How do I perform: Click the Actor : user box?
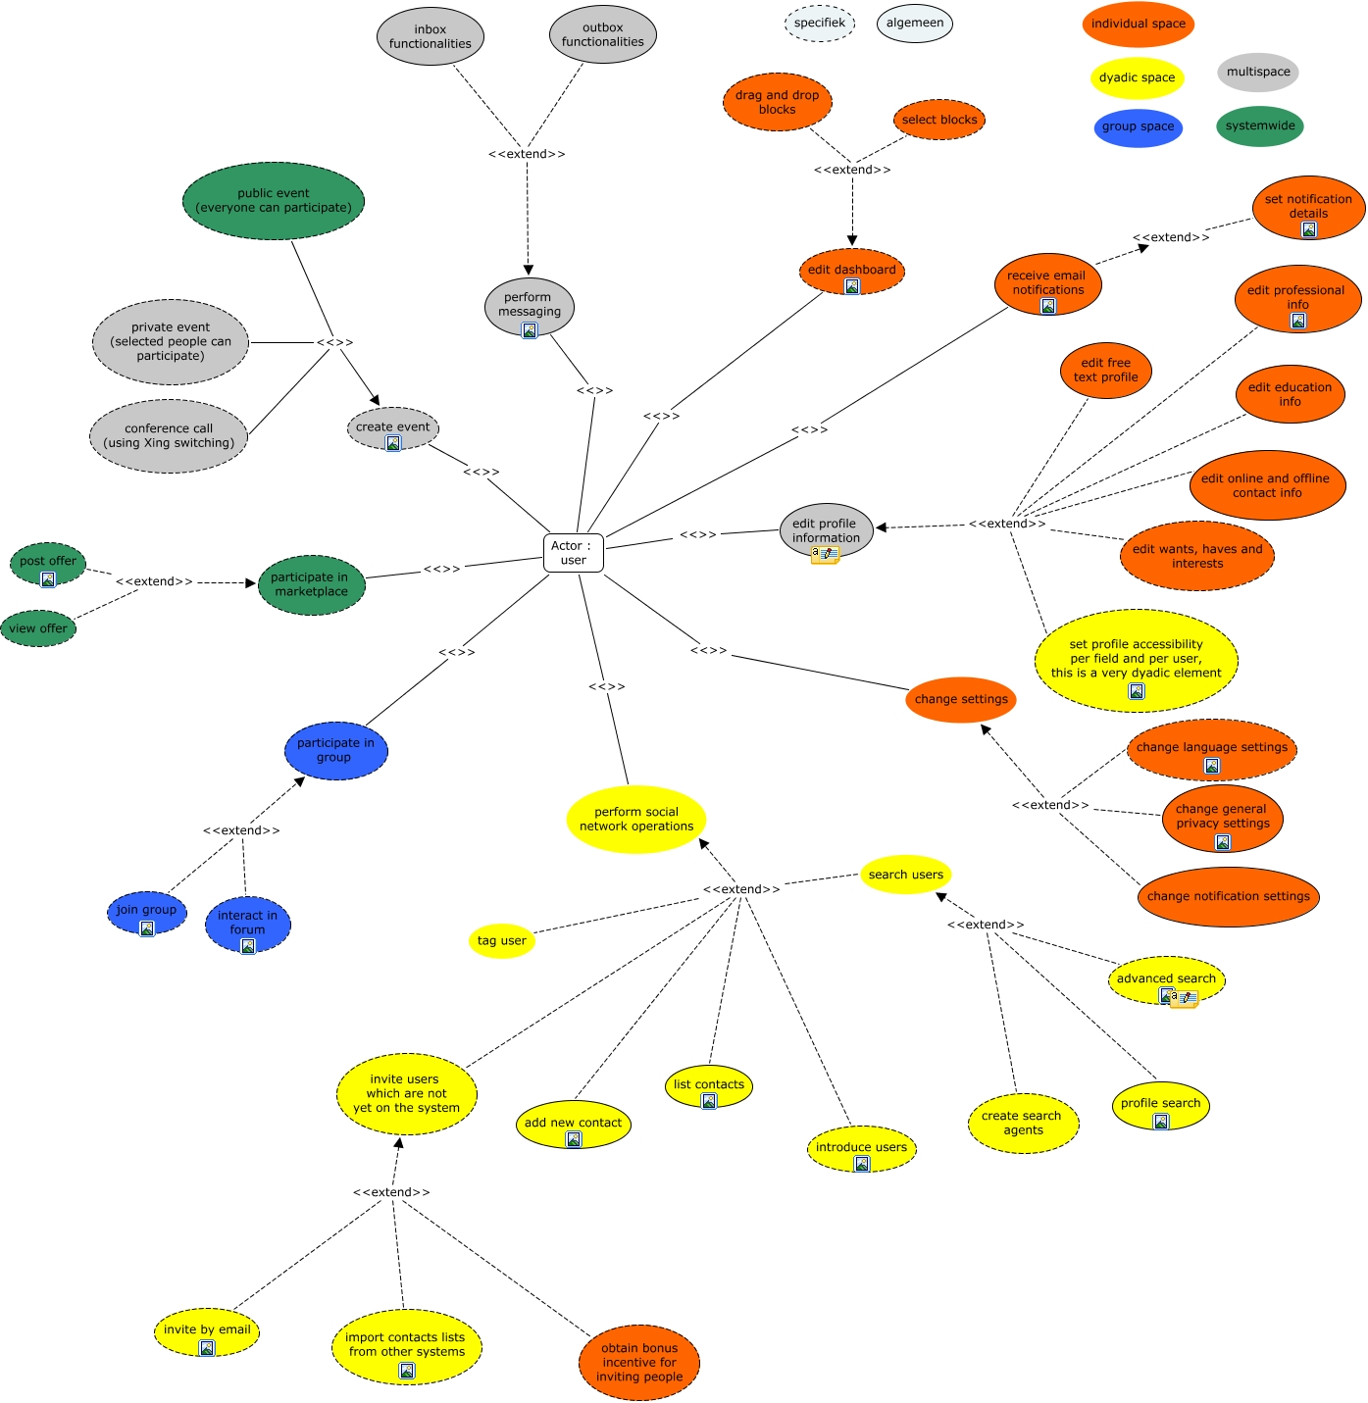pyautogui.click(x=573, y=553)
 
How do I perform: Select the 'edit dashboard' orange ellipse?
pyautogui.click(x=851, y=271)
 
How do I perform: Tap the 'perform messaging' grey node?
pyautogui.click(x=530, y=305)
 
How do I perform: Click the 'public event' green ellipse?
pyautogui.click(x=274, y=201)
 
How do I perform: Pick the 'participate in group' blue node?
pyautogui.click(x=336, y=750)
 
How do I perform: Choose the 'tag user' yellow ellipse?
pyautogui.click(x=501, y=940)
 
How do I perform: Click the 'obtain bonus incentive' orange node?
pyautogui.click(x=639, y=1362)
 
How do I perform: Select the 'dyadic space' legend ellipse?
pyautogui.click(x=1137, y=77)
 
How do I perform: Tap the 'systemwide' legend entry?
pyautogui.click(x=1260, y=125)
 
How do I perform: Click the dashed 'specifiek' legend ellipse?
pyautogui.click(x=820, y=23)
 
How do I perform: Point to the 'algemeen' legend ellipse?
pyautogui.click(x=915, y=23)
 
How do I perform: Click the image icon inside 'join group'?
pyautogui.click(x=147, y=928)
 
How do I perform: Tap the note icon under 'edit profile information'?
pyautogui.click(x=825, y=555)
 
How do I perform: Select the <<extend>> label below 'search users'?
pyautogui.click(x=985, y=925)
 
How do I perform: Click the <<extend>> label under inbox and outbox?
pyautogui.click(x=527, y=154)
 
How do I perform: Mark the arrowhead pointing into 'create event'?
pyautogui.click(x=374, y=399)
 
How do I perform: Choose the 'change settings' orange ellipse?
pyautogui.click(x=961, y=699)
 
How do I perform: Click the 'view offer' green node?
pyautogui.click(x=38, y=628)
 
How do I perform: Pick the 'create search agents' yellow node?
pyautogui.click(x=1023, y=1123)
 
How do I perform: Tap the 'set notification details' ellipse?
pyautogui.click(x=1308, y=207)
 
